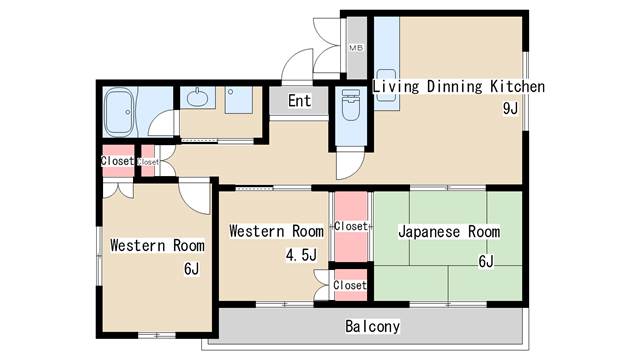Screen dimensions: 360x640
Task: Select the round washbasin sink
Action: click(197, 98)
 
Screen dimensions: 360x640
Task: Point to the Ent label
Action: click(299, 101)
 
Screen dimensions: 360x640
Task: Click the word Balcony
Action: click(372, 326)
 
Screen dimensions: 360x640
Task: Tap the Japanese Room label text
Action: click(448, 232)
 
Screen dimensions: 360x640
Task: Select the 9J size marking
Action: click(509, 109)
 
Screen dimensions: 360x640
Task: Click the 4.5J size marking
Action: click(300, 255)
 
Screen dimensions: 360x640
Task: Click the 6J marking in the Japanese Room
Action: click(486, 262)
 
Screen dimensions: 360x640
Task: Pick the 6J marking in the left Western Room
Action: click(191, 269)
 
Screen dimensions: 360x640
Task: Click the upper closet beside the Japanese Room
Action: click(351, 226)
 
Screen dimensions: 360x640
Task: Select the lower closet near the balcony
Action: click(349, 285)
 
